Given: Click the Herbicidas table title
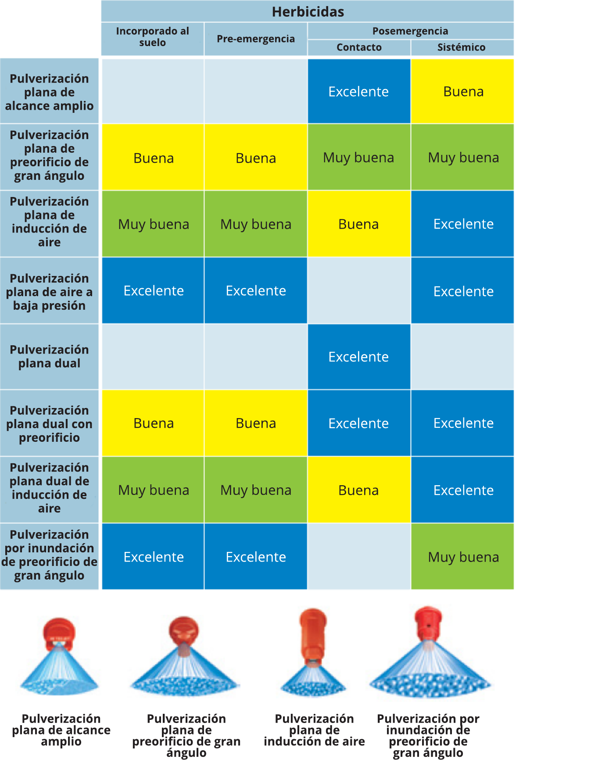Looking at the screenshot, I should pyautogui.click(x=308, y=11).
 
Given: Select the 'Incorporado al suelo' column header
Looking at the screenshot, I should pyautogui.click(x=152, y=37).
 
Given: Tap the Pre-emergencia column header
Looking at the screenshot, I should pyautogui.click(x=255, y=39).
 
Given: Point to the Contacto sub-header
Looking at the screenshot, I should pyautogui.click(x=359, y=47).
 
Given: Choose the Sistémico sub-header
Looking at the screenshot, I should pyautogui.click(x=461, y=47).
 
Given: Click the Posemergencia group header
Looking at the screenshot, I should pyautogui.click(x=410, y=31).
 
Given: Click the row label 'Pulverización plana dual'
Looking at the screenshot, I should pyautogui.click(x=49, y=356).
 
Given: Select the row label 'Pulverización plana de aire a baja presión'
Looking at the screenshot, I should pyautogui.click(x=49, y=292).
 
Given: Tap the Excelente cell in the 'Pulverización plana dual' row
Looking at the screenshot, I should pyautogui.click(x=358, y=357).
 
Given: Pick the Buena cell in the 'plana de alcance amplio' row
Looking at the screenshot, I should pyautogui.click(x=463, y=92).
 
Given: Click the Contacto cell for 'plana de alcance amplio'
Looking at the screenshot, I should pyautogui.click(x=358, y=92).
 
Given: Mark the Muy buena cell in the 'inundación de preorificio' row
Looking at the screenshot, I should pyautogui.click(x=463, y=557).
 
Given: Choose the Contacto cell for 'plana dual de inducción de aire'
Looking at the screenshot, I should pyautogui.click(x=358, y=490).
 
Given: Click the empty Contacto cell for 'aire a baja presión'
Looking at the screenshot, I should pyautogui.click(x=358, y=290).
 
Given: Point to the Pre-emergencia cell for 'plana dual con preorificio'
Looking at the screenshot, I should pyautogui.click(x=255, y=423).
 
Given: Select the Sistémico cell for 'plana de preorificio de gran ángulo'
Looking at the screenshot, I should pyautogui.click(x=463, y=157).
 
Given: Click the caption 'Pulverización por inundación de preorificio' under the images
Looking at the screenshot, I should pyautogui.click(x=428, y=736).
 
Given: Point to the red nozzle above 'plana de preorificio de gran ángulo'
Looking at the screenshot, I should pyautogui.click(x=184, y=630).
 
